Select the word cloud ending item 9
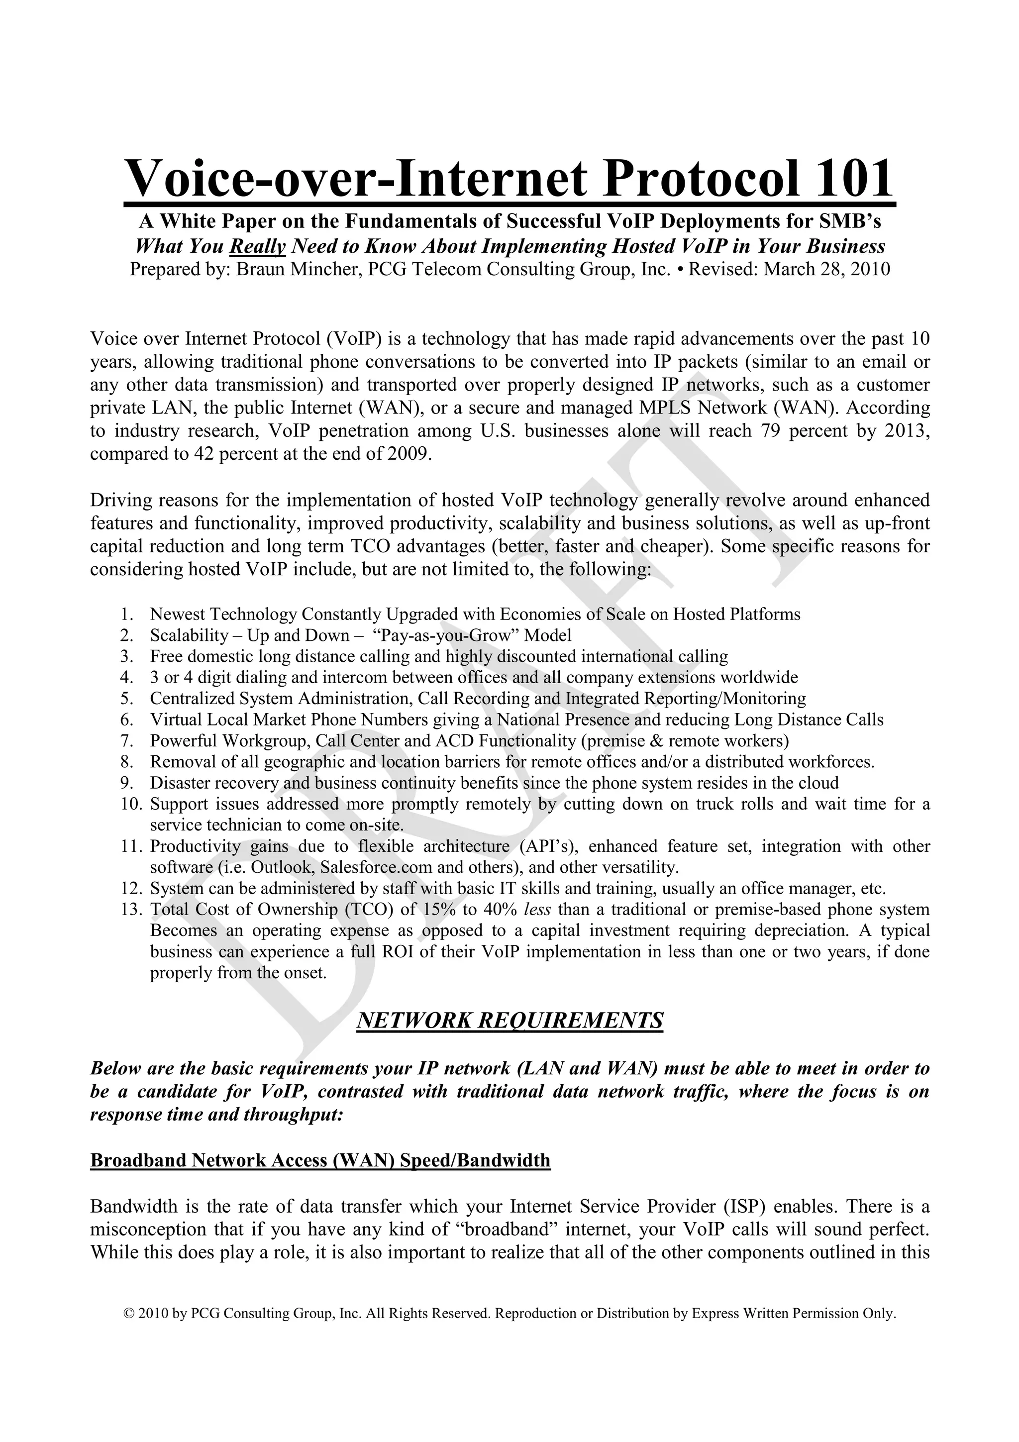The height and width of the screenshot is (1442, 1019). (820, 783)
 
